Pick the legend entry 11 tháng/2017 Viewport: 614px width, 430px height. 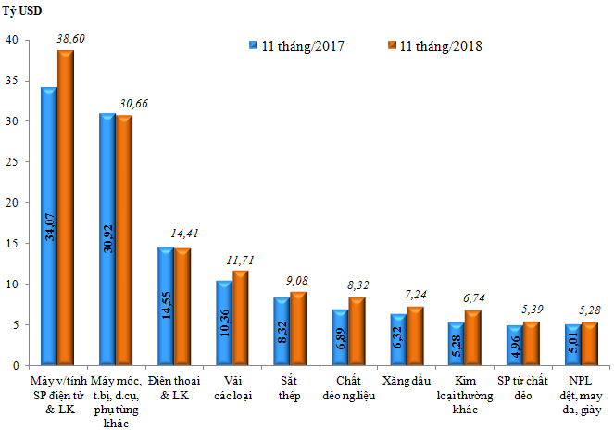(x=296, y=45)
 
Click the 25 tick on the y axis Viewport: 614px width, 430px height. (x=12, y=162)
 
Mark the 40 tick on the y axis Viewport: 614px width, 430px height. (x=12, y=41)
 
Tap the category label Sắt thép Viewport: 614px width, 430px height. (x=290, y=387)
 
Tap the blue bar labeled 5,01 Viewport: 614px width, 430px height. (x=572, y=344)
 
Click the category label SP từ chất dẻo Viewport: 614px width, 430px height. (x=518, y=387)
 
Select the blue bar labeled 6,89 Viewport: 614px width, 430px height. (x=339, y=336)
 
